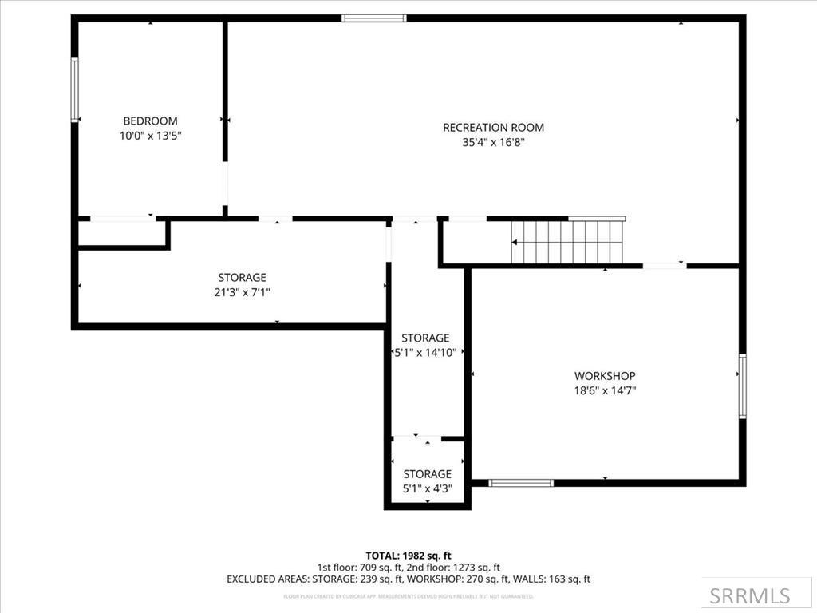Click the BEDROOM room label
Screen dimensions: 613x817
click(x=150, y=121)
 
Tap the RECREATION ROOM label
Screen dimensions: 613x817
click(x=493, y=127)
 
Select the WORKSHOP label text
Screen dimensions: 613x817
click(x=605, y=376)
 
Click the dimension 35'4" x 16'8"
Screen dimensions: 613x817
click(x=493, y=143)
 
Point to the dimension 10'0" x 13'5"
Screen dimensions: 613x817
click(x=150, y=136)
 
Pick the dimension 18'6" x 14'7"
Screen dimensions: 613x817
click(x=605, y=391)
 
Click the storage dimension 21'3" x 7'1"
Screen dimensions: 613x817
click(x=242, y=293)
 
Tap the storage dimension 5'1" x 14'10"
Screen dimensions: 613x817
click(x=425, y=352)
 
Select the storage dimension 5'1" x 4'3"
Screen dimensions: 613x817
click(x=427, y=488)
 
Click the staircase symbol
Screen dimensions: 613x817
click(x=568, y=241)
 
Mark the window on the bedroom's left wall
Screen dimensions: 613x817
click(x=75, y=89)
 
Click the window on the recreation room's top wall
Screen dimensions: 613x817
click(x=373, y=18)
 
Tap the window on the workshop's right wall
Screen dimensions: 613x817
click(x=742, y=386)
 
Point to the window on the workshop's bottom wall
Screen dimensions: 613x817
click(x=521, y=482)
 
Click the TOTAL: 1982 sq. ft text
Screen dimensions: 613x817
click(x=408, y=556)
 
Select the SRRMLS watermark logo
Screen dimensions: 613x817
click(x=750, y=595)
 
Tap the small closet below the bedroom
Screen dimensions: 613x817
click(x=121, y=233)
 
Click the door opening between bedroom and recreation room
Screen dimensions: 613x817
click(x=225, y=184)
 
